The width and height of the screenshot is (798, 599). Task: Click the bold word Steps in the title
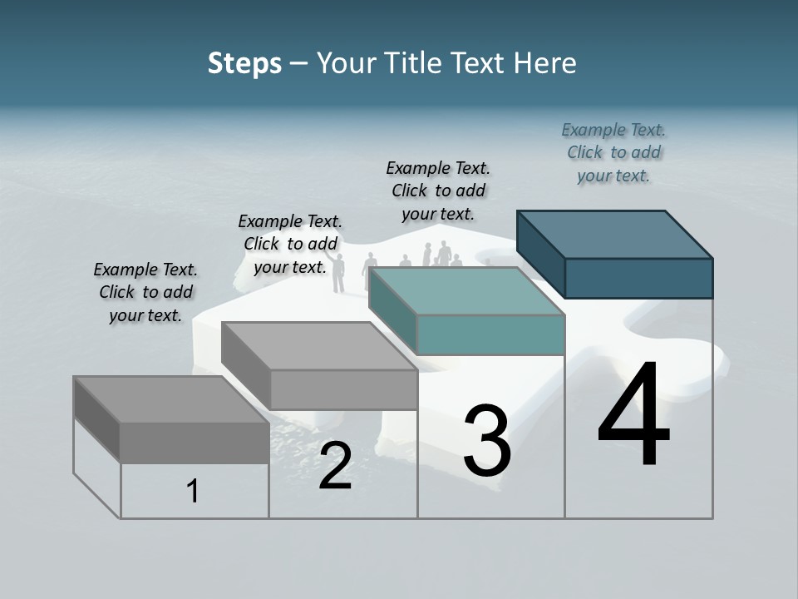pos(244,63)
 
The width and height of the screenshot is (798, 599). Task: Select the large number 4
pos(633,416)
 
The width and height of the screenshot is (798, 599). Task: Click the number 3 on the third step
pos(487,442)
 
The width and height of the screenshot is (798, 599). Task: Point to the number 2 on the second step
pos(335,466)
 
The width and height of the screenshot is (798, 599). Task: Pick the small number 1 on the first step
pos(193,492)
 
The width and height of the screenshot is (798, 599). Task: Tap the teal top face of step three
pos(465,291)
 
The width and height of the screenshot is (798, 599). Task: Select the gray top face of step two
pos(319,346)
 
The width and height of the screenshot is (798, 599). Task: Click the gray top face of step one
pos(171,399)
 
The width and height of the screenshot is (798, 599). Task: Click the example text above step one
pos(145,292)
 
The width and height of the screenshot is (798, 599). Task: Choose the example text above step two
pos(290,244)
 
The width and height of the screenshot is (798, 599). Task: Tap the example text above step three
pos(438,191)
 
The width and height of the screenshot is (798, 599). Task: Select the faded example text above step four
pos(613,152)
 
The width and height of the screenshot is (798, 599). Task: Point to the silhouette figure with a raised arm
pos(337,271)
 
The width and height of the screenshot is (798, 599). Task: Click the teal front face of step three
pos(490,334)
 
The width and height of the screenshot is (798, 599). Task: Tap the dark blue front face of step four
pos(638,278)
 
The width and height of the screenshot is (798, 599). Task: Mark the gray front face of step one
pos(195,442)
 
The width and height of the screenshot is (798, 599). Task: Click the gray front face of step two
pos(343,389)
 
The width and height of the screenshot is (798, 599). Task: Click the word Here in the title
pos(545,63)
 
